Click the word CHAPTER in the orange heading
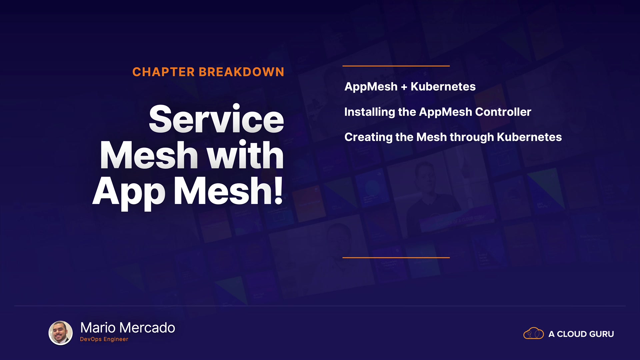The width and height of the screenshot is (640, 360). [x=163, y=72]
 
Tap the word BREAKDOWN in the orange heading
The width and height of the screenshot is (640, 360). [x=241, y=72]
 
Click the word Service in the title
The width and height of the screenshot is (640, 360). [x=216, y=119]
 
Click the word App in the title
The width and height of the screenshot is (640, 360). [x=129, y=193]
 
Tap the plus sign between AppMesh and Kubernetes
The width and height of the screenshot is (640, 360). [x=404, y=87]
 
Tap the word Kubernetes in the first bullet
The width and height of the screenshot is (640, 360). [x=443, y=87]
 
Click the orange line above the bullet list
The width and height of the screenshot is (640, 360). [x=396, y=66]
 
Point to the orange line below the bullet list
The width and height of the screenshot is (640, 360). [x=396, y=258]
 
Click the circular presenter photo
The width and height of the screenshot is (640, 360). [x=61, y=333]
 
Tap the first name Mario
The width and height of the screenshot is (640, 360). [x=98, y=328]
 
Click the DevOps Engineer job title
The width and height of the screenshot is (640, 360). [x=104, y=339]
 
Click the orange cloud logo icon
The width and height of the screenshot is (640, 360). [x=533, y=333]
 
